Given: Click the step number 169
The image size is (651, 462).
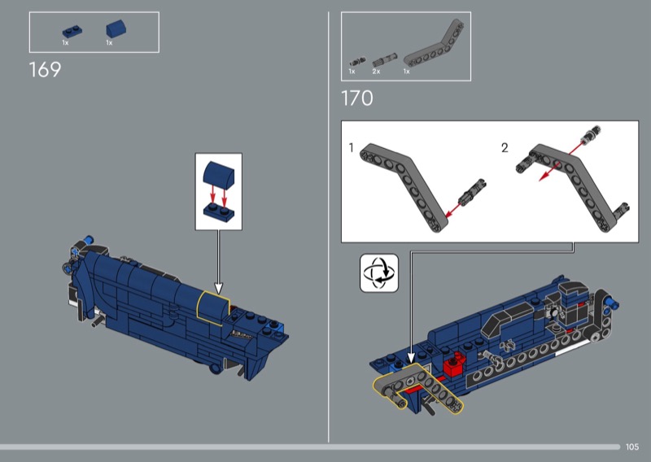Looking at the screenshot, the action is [45, 69].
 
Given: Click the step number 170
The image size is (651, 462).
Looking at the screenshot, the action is [357, 98].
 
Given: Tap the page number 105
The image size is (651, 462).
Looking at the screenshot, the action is [632, 447].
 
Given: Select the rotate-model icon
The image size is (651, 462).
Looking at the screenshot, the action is [379, 273].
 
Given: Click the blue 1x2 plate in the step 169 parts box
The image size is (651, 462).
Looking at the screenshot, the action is [72, 32].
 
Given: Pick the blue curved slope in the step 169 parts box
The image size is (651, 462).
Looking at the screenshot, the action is [116, 28].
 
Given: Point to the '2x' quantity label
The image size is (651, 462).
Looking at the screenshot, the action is [376, 72].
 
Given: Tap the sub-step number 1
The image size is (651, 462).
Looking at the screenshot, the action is [352, 147].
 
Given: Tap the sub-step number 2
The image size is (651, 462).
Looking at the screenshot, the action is [505, 147].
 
